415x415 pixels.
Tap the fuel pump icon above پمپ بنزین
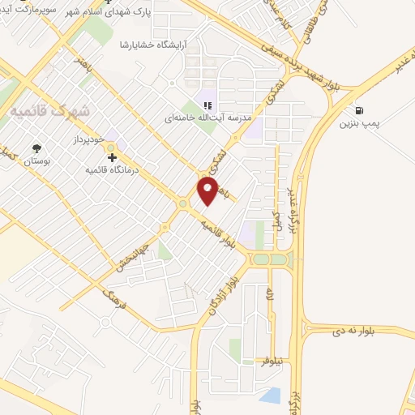[358, 110]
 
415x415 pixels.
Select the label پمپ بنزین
[359, 125]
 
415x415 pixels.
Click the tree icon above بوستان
[36, 148]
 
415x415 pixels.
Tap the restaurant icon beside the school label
[207, 105]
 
